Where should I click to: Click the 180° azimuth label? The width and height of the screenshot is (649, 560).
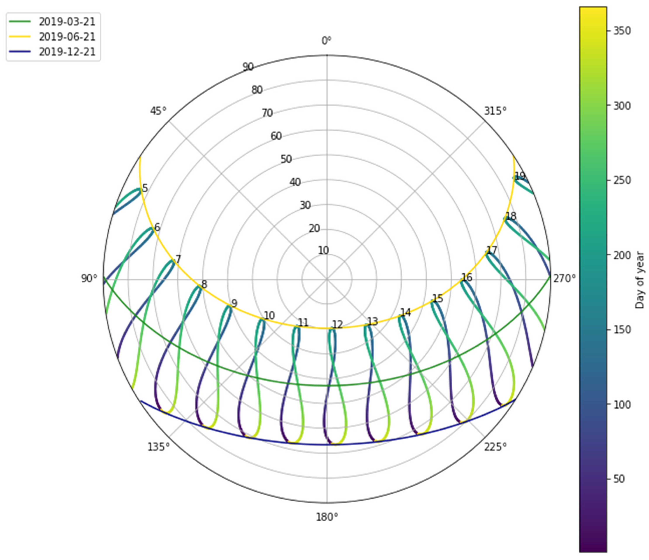pyautogui.click(x=327, y=517)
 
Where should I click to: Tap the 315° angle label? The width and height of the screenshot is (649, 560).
pyautogui.click(x=495, y=111)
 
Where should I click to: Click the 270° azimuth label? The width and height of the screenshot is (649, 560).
pyautogui.click(x=564, y=278)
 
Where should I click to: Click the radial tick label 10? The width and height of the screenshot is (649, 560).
pyautogui.click(x=323, y=251)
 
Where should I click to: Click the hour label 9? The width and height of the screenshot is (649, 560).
pyautogui.click(x=234, y=304)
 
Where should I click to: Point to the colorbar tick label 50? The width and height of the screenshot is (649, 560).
pyautogui.click(x=619, y=479)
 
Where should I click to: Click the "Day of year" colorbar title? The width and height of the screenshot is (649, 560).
pyautogui.click(x=640, y=280)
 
